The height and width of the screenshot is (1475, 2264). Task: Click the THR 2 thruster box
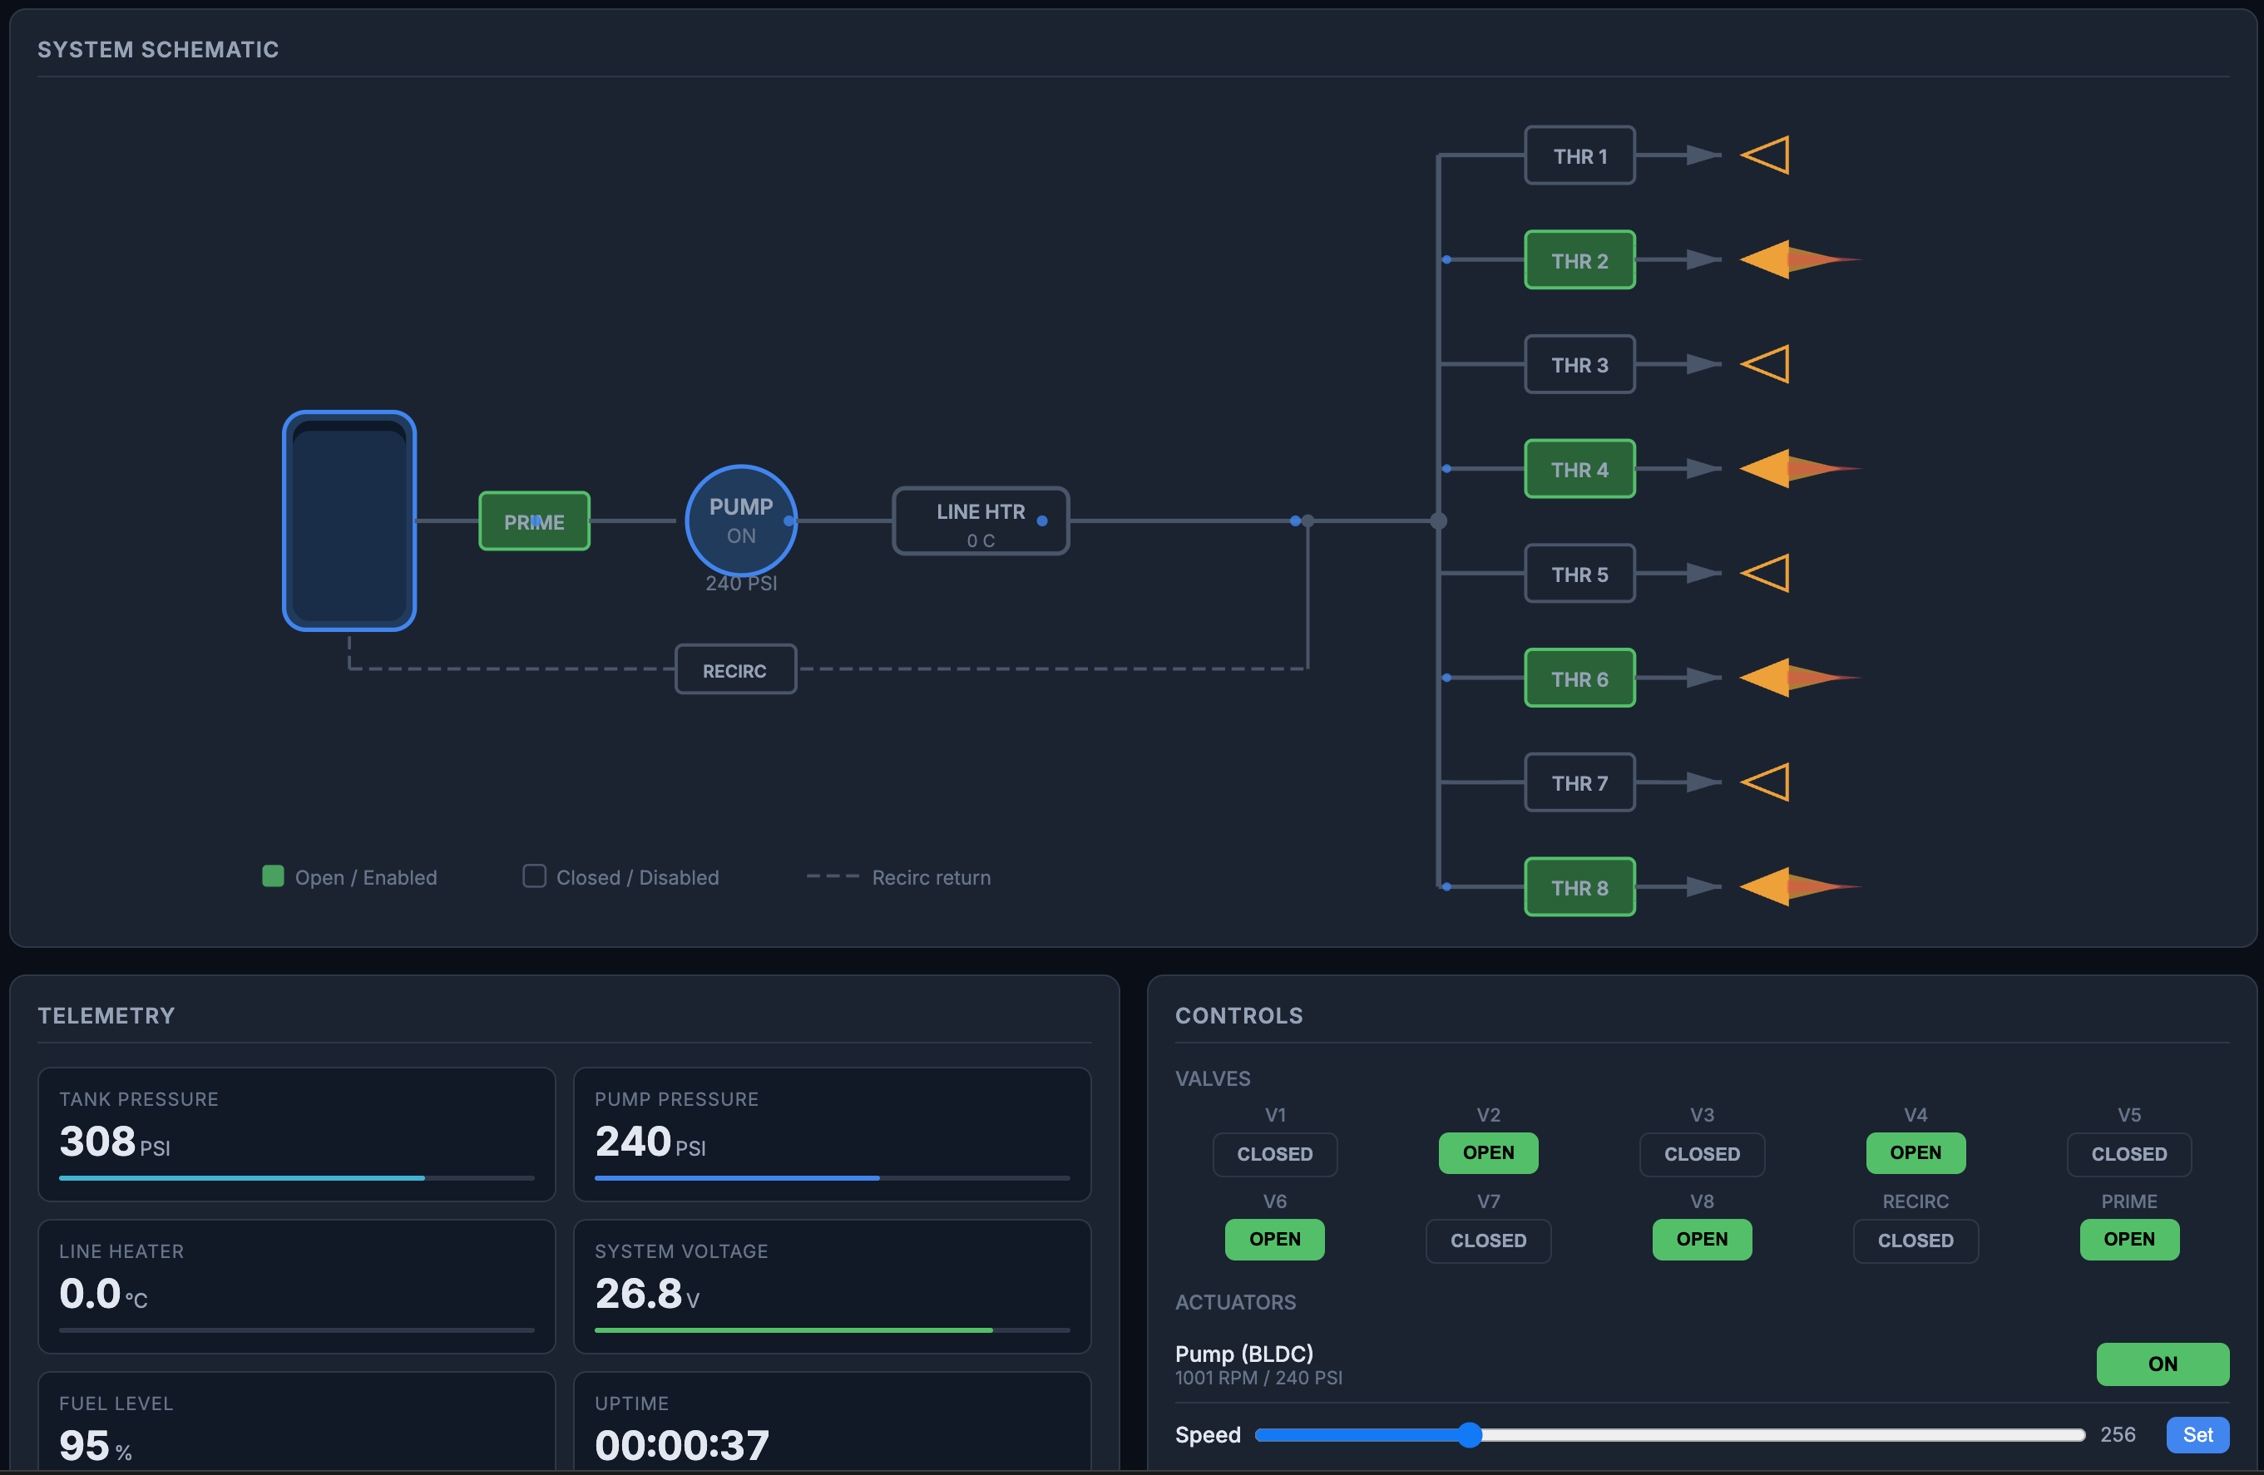click(x=1579, y=259)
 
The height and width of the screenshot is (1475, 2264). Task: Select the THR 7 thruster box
click(x=1579, y=782)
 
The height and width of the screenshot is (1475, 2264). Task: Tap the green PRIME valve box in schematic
click(x=534, y=521)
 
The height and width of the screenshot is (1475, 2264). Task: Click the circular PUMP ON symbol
click(x=740, y=520)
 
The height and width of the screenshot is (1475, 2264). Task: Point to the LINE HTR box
click(x=980, y=521)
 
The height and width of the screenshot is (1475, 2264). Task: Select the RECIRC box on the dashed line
click(x=734, y=670)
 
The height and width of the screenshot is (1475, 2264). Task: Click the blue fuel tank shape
click(x=349, y=521)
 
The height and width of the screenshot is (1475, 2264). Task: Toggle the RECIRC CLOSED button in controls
click(x=1915, y=1240)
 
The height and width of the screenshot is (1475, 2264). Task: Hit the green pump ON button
click(x=2161, y=1364)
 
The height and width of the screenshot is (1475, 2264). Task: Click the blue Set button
click(x=2197, y=1434)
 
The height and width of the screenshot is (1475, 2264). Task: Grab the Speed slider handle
click(x=1469, y=1434)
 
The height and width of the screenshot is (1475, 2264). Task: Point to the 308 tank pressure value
click(x=97, y=1142)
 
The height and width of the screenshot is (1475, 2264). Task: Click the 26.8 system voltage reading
click(x=638, y=1294)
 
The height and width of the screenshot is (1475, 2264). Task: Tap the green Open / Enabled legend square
click(x=273, y=876)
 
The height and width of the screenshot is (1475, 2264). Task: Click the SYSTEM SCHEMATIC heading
click(x=158, y=49)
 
